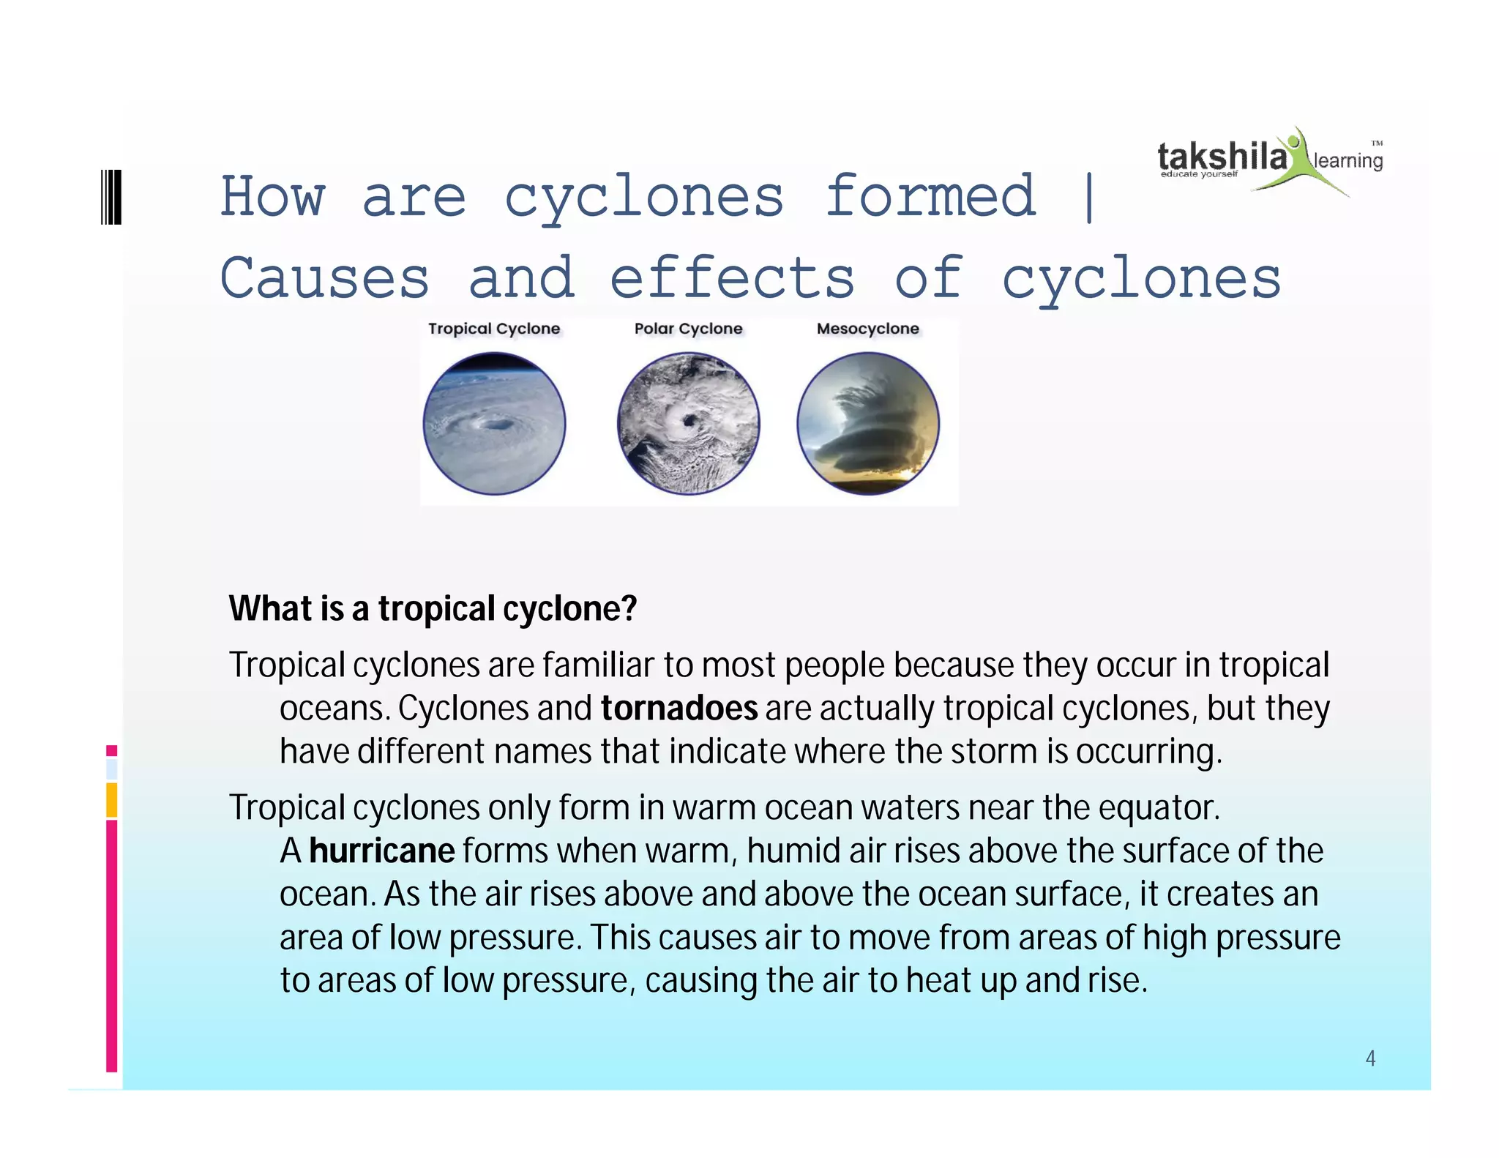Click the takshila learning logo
coord(1270,160)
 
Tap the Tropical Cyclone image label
coord(494,329)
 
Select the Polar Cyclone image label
coord(688,329)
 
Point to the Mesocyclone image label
coord(867,329)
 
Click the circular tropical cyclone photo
coord(495,423)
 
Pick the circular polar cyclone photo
coord(688,423)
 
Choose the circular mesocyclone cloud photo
coord(868,423)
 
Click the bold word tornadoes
coord(679,708)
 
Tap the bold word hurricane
coord(381,851)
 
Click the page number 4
coord(1370,1058)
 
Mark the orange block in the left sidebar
coord(112,799)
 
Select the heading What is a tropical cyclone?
coord(433,608)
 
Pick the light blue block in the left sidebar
coord(112,769)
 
